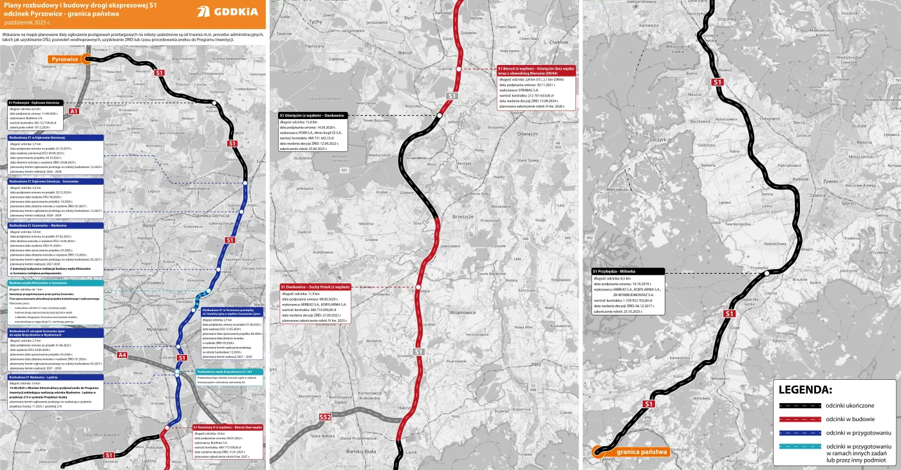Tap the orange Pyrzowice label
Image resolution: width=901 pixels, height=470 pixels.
tap(64, 59)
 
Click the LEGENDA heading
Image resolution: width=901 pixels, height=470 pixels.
tap(805, 390)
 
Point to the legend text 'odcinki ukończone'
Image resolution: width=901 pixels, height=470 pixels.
tap(850, 406)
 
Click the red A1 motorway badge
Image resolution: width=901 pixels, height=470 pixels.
tap(73, 111)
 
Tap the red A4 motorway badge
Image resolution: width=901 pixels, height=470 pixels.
tap(122, 355)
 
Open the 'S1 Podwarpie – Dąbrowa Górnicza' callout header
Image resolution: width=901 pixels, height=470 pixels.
tap(34, 102)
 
